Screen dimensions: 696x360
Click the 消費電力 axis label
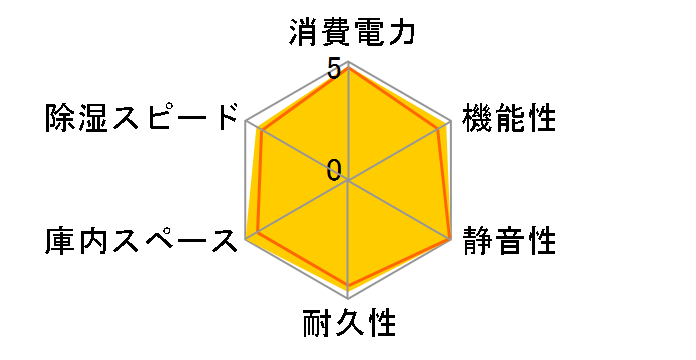pos(348,33)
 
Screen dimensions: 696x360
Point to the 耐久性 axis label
pos(348,326)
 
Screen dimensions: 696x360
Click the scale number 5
pos(334,71)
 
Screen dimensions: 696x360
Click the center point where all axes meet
pos(348,181)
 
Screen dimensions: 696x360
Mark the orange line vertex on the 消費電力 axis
pos(348,69)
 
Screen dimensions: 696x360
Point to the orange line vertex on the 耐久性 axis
pos(348,287)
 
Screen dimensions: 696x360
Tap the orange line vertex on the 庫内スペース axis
pos(259,232)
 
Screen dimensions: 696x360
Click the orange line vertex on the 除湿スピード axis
pos(260,130)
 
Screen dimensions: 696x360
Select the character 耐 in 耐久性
pos(316,326)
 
